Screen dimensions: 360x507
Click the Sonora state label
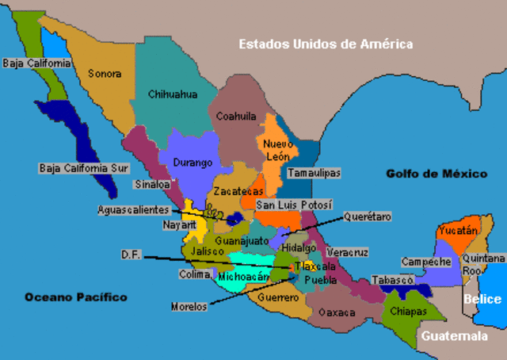(x=105, y=74)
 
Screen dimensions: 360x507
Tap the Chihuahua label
(x=172, y=94)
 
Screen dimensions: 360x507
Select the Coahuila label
(x=237, y=116)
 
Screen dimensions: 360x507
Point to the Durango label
(x=193, y=163)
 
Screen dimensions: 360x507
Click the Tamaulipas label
(x=314, y=172)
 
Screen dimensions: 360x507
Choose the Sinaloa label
(x=152, y=183)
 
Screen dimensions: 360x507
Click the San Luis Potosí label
(x=294, y=205)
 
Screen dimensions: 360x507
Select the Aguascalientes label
(x=134, y=210)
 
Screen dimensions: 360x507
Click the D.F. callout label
(x=131, y=255)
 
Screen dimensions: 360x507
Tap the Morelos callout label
(x=189, y=306)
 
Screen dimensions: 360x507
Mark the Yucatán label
(x=459, y=231)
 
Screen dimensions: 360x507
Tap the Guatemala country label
(x=454, y=336)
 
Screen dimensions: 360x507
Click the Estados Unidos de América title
(x=326, y=44)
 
